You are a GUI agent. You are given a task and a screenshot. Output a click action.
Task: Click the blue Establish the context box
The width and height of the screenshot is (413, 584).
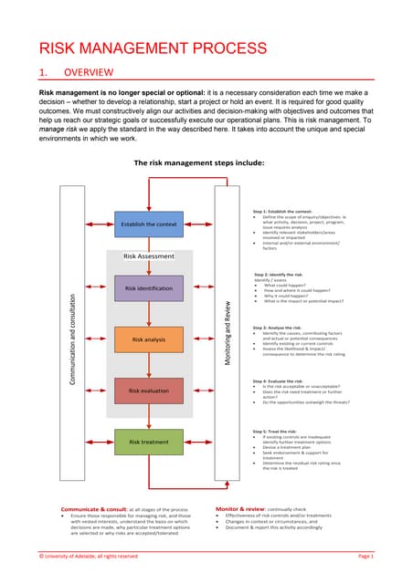tap(147, 224)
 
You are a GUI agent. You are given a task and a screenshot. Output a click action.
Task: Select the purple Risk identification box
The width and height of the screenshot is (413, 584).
tap(147, 289)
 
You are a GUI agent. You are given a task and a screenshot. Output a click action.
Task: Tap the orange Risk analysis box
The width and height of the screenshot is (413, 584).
tap(147, 339)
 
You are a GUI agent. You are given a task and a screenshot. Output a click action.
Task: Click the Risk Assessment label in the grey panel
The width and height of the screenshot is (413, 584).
tap(149, 256)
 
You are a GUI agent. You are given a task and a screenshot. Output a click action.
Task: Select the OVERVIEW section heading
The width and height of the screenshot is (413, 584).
tap(87, 72)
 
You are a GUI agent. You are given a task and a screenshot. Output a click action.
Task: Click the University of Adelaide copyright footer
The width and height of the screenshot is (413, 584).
tap(88, 556)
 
